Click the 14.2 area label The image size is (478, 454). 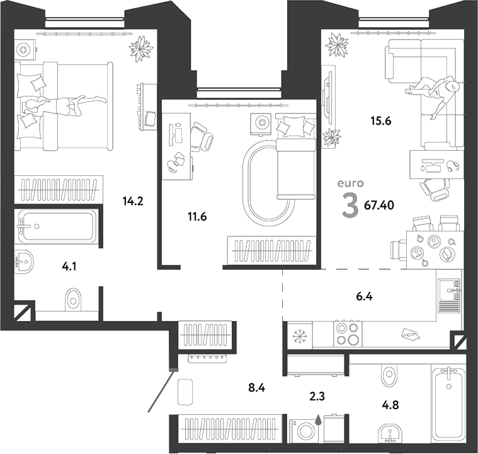[x=133, y=201]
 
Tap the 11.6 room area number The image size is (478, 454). [x=197, y=217]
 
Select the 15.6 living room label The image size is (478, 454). [x=381, y=121]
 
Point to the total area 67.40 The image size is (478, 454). [x=379, y=206]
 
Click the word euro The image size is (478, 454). [x=351, y=183]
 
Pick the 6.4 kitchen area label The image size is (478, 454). [x=364, y=296]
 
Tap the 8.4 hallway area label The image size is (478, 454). [x=257, y=388]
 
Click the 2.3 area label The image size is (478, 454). [x=317, y=396]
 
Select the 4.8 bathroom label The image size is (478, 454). [x=390, y=405]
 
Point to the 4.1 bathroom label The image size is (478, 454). [x=69, y=267]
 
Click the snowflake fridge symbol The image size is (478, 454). [x=300, y=337]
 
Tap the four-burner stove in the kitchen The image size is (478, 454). [x=348, y=334]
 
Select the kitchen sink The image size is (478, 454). [x=449, y=295]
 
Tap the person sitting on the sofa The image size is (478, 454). [x=431, y=94]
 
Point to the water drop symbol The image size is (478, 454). [x=319, y=420]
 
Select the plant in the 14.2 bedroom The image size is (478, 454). [x=141, y=49]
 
